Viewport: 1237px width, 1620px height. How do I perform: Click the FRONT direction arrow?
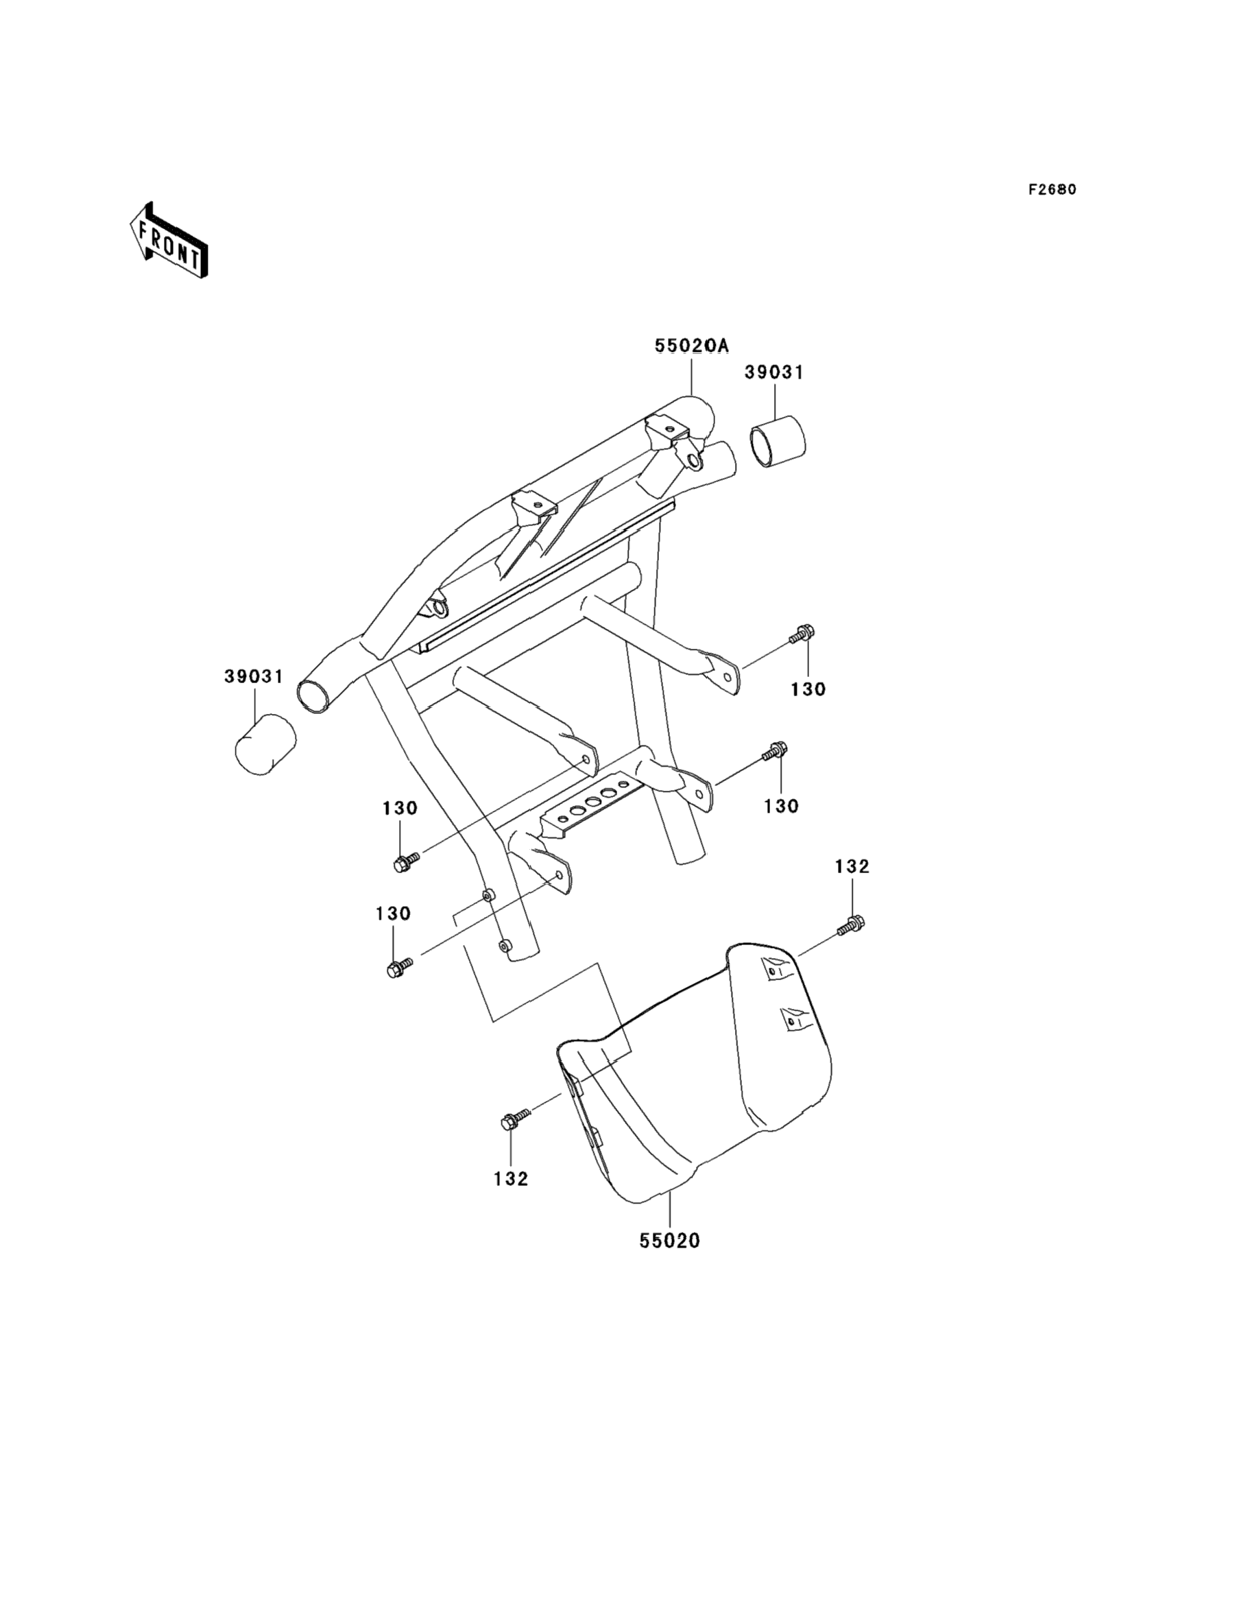click(x=169, y=240)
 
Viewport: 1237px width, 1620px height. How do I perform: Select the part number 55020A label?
click(x=691, y=346)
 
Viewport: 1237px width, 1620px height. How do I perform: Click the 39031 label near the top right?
click(x=774, y=372)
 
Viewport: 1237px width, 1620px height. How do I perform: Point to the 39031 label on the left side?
click(x=254, y=677)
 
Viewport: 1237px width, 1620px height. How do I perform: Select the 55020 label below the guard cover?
click(x=669, y=1241)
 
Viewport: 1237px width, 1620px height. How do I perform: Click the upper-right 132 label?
click(x=852, y=867)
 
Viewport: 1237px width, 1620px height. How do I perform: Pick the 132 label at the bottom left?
click(x=511, y=1179)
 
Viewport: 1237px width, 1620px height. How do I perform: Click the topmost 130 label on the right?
click(x=808, y=690)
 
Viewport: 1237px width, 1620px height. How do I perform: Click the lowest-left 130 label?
click(x=393, y=914)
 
